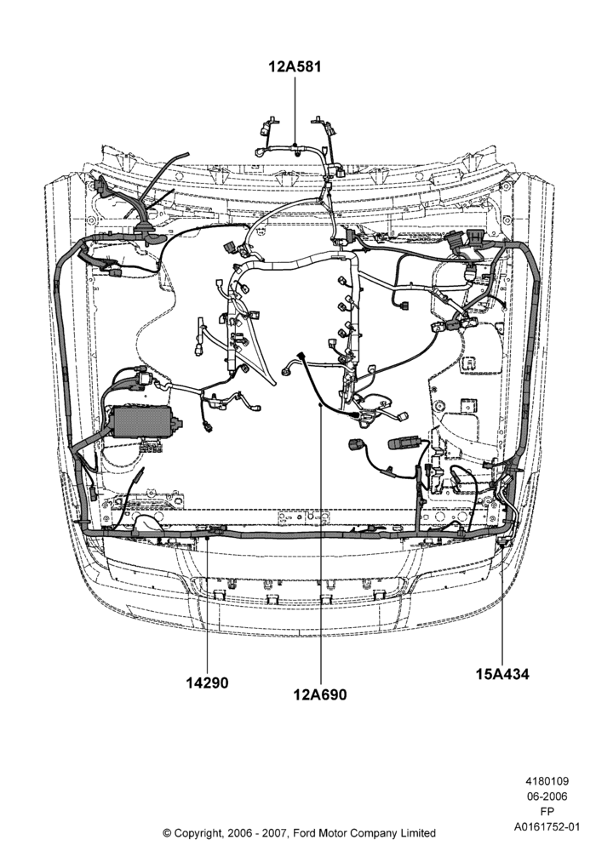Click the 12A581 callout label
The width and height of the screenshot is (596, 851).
coord(295,66)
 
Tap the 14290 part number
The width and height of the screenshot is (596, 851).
coord(208,683)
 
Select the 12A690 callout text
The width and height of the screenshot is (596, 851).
coord(320,694)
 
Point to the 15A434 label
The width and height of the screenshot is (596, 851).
coord(502,674)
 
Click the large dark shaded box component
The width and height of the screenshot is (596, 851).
coord(139,421)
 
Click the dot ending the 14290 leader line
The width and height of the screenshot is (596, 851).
coord(208,538)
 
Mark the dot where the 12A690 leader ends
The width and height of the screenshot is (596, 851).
coord(320,404)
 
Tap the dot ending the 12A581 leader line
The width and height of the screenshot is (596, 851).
coord(295,145)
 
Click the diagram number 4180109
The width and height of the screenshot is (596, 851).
coord(547,781)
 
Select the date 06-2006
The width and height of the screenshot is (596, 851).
coord(547,797)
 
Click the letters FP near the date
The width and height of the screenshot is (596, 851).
coord(547,812)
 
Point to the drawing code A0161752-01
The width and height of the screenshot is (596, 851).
coord(547,827)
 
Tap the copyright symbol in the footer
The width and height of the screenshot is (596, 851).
coord(167,832)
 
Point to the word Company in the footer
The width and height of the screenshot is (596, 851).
coord(374,832)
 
